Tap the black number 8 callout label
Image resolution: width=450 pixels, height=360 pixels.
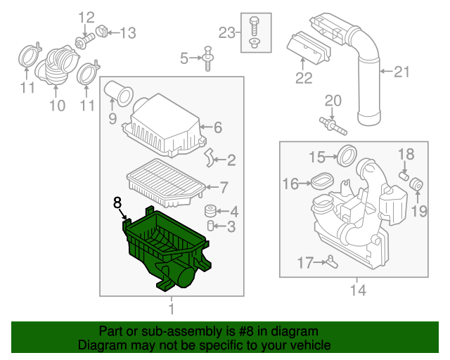point(117,203)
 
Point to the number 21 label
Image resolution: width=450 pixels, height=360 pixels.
point(401,71)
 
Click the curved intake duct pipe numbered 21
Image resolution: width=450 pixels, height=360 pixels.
point(367,84)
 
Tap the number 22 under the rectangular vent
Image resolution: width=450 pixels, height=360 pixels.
point(303,78)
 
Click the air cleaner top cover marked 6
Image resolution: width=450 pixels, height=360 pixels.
point(164,127)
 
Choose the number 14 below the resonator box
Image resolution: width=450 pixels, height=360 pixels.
point(356,288)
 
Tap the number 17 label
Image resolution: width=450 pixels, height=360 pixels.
point(304,263)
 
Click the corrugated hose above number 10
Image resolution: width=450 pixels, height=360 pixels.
point(56,67)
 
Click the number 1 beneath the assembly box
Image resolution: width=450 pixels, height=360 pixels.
point(171,309)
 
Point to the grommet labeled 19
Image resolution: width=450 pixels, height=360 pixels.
point(416,185)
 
